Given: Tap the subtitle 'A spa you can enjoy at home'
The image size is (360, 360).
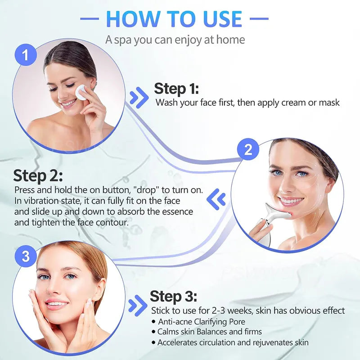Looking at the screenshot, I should (175, 40).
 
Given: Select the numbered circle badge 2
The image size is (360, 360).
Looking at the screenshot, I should (248, 150).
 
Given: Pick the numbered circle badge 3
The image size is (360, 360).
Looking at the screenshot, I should (26, 256).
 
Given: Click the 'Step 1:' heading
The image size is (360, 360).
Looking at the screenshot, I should (176, 88).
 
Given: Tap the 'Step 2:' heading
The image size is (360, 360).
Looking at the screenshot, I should (38, 175).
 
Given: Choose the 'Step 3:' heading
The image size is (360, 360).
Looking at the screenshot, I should (173, 297).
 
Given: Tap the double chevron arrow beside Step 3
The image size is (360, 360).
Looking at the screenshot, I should (137, 306).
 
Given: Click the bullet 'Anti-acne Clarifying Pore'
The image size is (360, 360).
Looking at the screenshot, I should (201, 321).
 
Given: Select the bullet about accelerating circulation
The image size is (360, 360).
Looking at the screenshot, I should (233, 342).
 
